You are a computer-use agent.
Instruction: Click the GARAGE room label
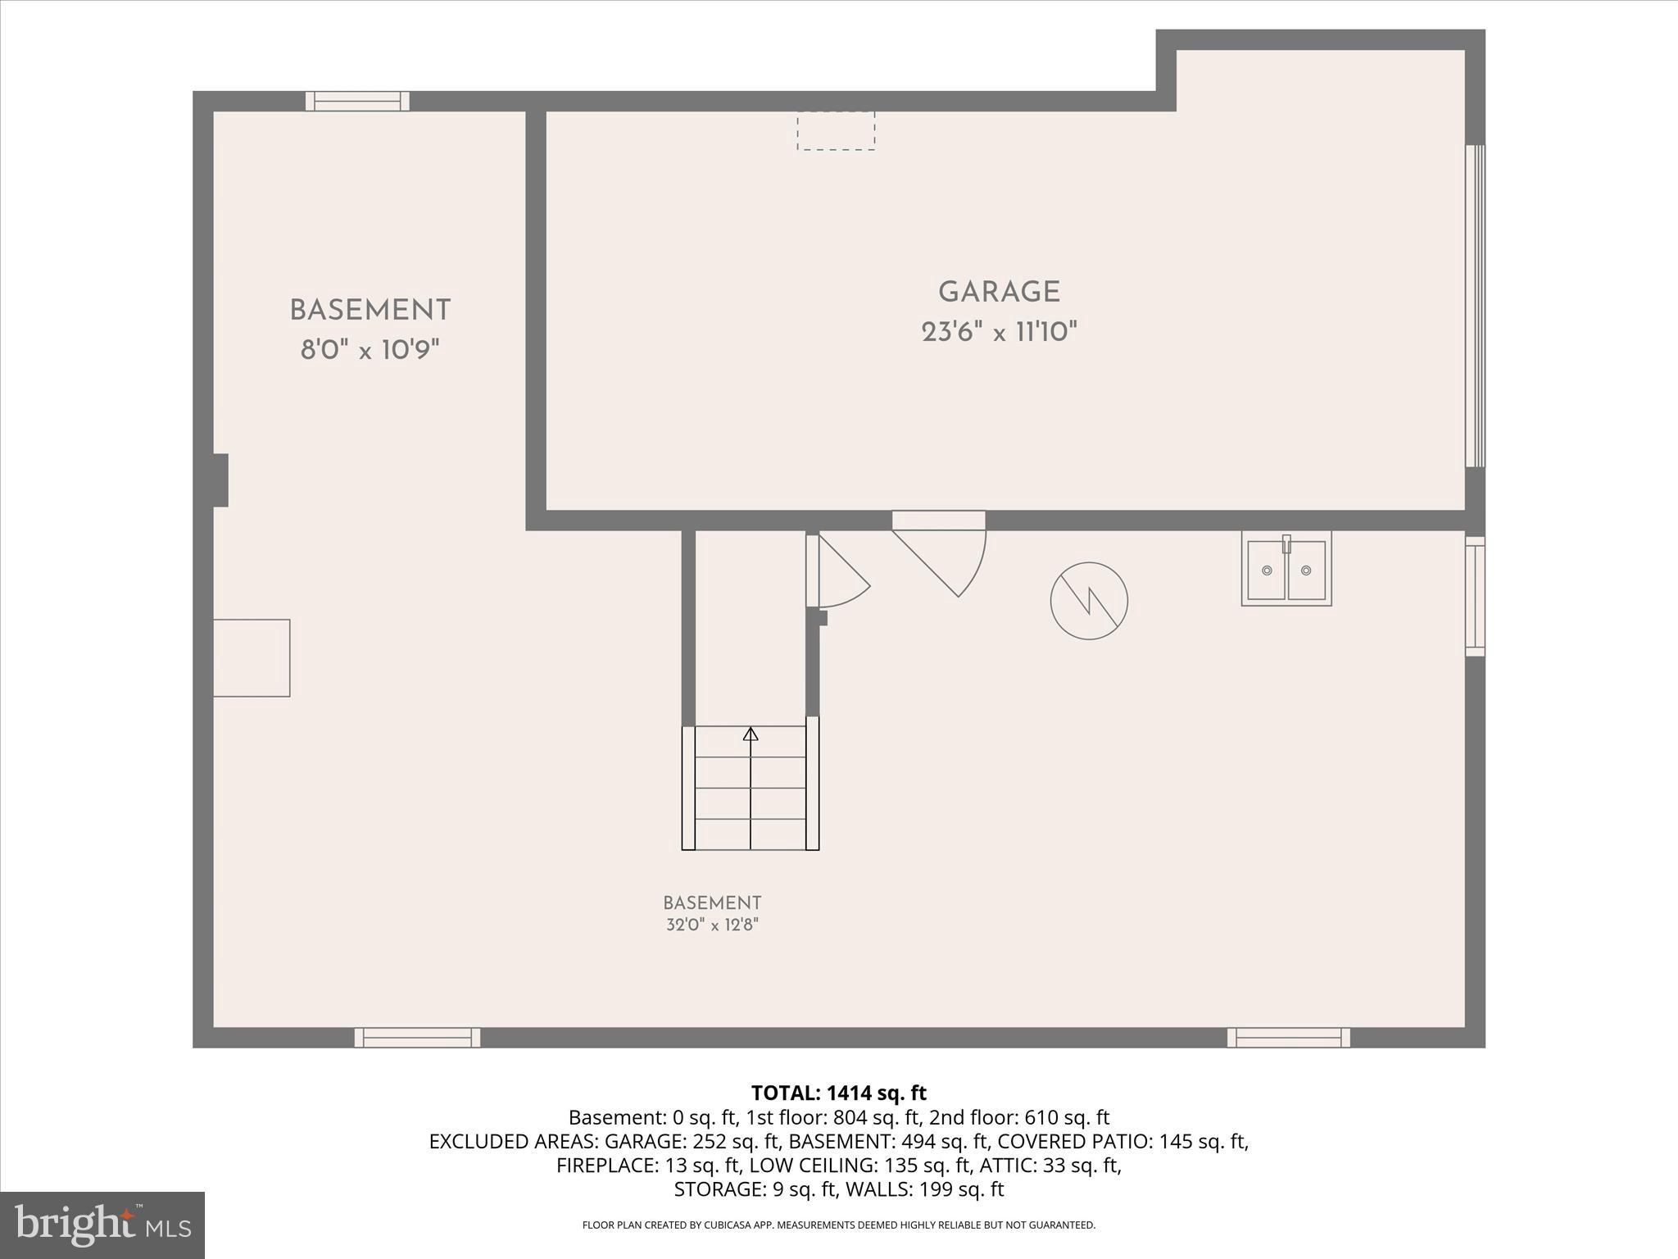[x=999, y=292]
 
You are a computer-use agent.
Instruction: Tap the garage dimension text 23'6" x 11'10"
[x=999, y=332]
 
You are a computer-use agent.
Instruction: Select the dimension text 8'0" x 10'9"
[x=370, y=351]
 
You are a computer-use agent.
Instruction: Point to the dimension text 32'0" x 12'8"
[x=712, y=925]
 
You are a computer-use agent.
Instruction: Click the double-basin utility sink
[x=1286, y=569]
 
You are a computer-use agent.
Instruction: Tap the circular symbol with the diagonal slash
[x=1089, y=601]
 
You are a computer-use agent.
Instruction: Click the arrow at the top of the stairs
[x=751, y=735]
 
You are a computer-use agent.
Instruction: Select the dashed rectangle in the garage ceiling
[x=836, y=131]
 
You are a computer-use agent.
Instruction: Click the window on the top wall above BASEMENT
[x=357, y=101]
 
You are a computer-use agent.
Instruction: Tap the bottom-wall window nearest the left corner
[x=417, y=1038]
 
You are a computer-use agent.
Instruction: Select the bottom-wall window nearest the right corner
[x=1288, y=1038]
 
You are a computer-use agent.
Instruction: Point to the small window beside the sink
[x=1475, y=596]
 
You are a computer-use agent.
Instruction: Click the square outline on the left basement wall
[x=252, y=657]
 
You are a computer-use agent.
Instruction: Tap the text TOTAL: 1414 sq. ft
[x=838, y=1093]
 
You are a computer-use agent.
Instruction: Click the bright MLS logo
[x=102, y=1225]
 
